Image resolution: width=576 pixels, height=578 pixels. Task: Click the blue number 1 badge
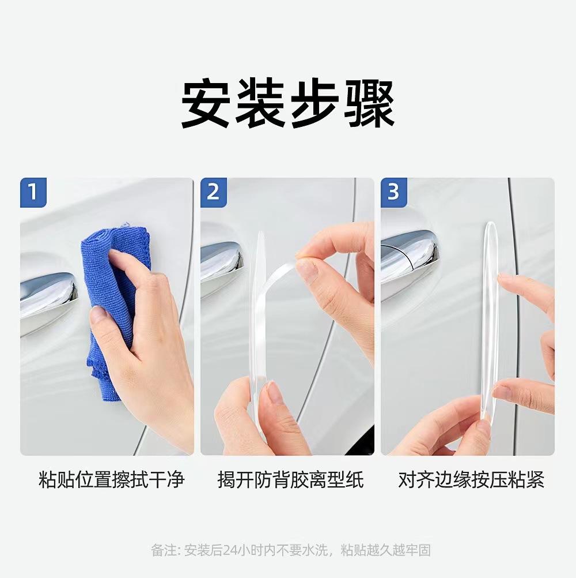pyautogui.click(x=33, y=193)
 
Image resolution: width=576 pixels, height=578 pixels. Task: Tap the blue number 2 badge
pyautogui.click(x=214, y=193)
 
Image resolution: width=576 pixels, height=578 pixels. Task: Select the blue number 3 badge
pyautogui.click(x=394, y=193)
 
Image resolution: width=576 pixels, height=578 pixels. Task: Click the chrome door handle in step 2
pyautogui.click(x=221, y=262)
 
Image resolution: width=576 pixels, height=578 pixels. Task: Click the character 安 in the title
pyautogui.click(x=206, y=103)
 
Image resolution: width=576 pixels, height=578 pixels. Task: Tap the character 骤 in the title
pyautogui.click(x=369, y=103)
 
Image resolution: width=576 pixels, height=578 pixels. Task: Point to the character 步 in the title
pyautogui.click(x=314, y=103)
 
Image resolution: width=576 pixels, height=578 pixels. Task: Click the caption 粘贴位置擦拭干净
pyautogui.click(x=111, y=479)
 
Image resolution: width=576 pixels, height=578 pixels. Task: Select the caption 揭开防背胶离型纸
pyautogui.click(x=291, y=479)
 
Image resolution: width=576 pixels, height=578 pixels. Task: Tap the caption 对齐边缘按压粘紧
pyautogui.click(x=471, y=479)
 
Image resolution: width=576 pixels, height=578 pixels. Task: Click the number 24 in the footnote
pyautogui.click(x=230, y=550)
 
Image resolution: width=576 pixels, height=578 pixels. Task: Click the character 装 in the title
pyautogui.click(x=260, y=103)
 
